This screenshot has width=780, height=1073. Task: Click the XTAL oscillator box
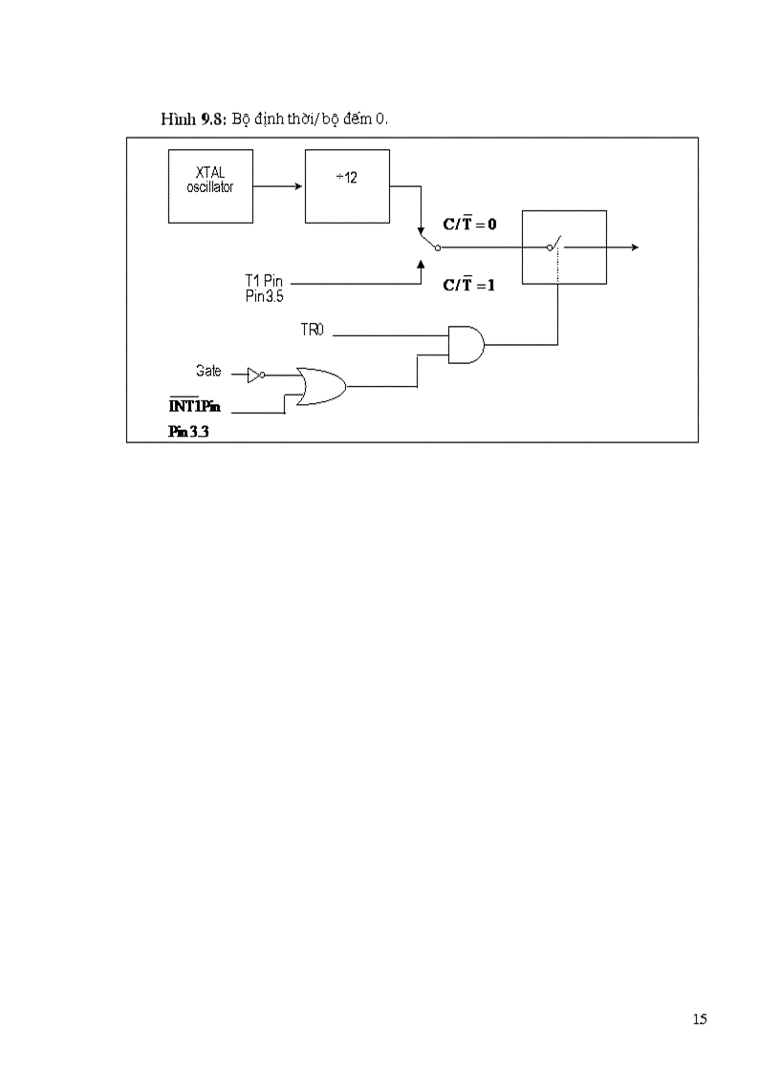coord(209,186)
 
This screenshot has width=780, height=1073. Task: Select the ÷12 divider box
coord(347,185)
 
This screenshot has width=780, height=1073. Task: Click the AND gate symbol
coord(466,343)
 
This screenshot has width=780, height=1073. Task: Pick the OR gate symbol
coord(320,386)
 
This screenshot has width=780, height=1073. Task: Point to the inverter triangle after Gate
coord(254,376)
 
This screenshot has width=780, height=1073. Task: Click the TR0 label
coord(314,331)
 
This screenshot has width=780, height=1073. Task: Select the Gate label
coord(208,370)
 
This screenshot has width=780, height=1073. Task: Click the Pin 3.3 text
coord(188,432)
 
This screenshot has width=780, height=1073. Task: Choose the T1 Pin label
coord(265,282)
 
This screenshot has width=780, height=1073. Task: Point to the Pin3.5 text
coord(264,296)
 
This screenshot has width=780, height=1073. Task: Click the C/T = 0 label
coord(468,224)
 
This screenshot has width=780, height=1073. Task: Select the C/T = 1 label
coord(468,284)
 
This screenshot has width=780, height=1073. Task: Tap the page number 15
coord(700,1019)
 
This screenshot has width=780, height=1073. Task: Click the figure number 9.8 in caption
coord(212,118)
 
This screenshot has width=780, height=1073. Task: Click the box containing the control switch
coord(564,247)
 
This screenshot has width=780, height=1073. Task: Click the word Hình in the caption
coord(179,118)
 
